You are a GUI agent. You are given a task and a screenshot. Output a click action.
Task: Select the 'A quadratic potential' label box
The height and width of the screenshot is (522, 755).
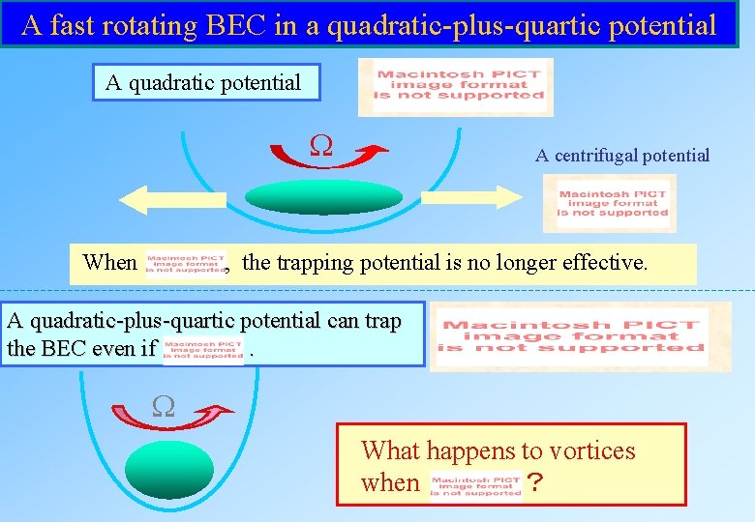(x=204, y=83)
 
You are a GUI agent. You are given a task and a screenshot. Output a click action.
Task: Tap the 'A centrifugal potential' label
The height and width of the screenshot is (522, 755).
(x=622, y=156)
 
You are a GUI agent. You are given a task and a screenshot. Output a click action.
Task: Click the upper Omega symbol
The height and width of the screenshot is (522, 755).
(x=320, y=146)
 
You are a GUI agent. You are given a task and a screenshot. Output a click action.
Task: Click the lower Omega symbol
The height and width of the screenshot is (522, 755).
(x=164, y=406)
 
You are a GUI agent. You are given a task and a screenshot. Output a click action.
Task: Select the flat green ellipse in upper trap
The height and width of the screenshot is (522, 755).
(x=322, y=197)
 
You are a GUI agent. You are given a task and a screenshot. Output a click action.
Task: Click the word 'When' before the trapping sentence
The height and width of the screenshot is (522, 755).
(x=110, y=263)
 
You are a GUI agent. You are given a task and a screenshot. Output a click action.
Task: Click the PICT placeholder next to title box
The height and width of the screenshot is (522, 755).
(x=456, y=86)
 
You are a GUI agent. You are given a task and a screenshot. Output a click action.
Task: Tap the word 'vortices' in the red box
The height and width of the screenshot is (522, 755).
(x=589, y=450)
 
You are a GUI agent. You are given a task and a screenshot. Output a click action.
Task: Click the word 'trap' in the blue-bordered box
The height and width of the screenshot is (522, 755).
(x=380, y=322)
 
